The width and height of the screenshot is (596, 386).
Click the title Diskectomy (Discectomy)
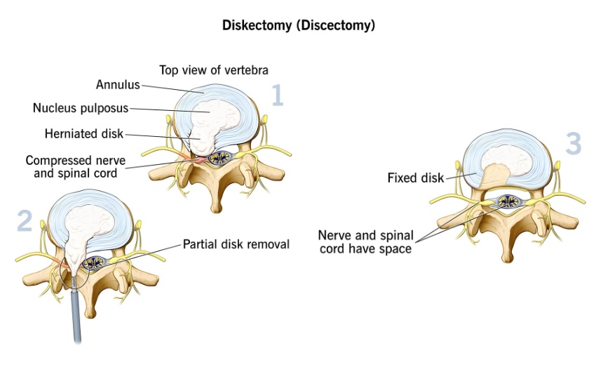298,26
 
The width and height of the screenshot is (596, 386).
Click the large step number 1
277,94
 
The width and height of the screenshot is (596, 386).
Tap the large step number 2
25,220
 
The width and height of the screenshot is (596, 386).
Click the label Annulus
118,86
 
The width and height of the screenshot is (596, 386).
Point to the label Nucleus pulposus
81,108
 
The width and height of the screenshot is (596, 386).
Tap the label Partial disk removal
236,244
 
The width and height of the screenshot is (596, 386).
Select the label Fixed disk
415,178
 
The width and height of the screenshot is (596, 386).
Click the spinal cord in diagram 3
507,203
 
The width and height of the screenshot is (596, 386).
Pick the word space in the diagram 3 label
396,248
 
